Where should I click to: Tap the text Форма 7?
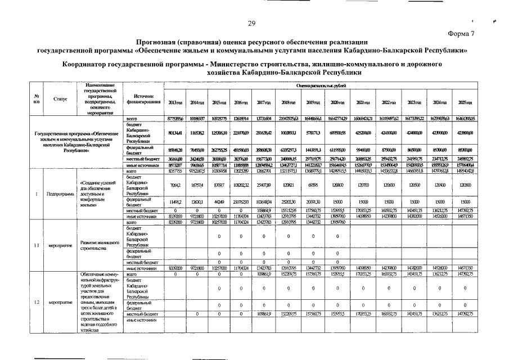click(461, 34)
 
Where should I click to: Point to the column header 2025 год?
click(465, 103)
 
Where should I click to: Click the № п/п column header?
click(37, 99)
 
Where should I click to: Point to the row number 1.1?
click(37, 245)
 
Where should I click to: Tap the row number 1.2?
click(37, 303)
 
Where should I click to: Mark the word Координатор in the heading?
click(88, 65)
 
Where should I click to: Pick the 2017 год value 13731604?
click(264, 119)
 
